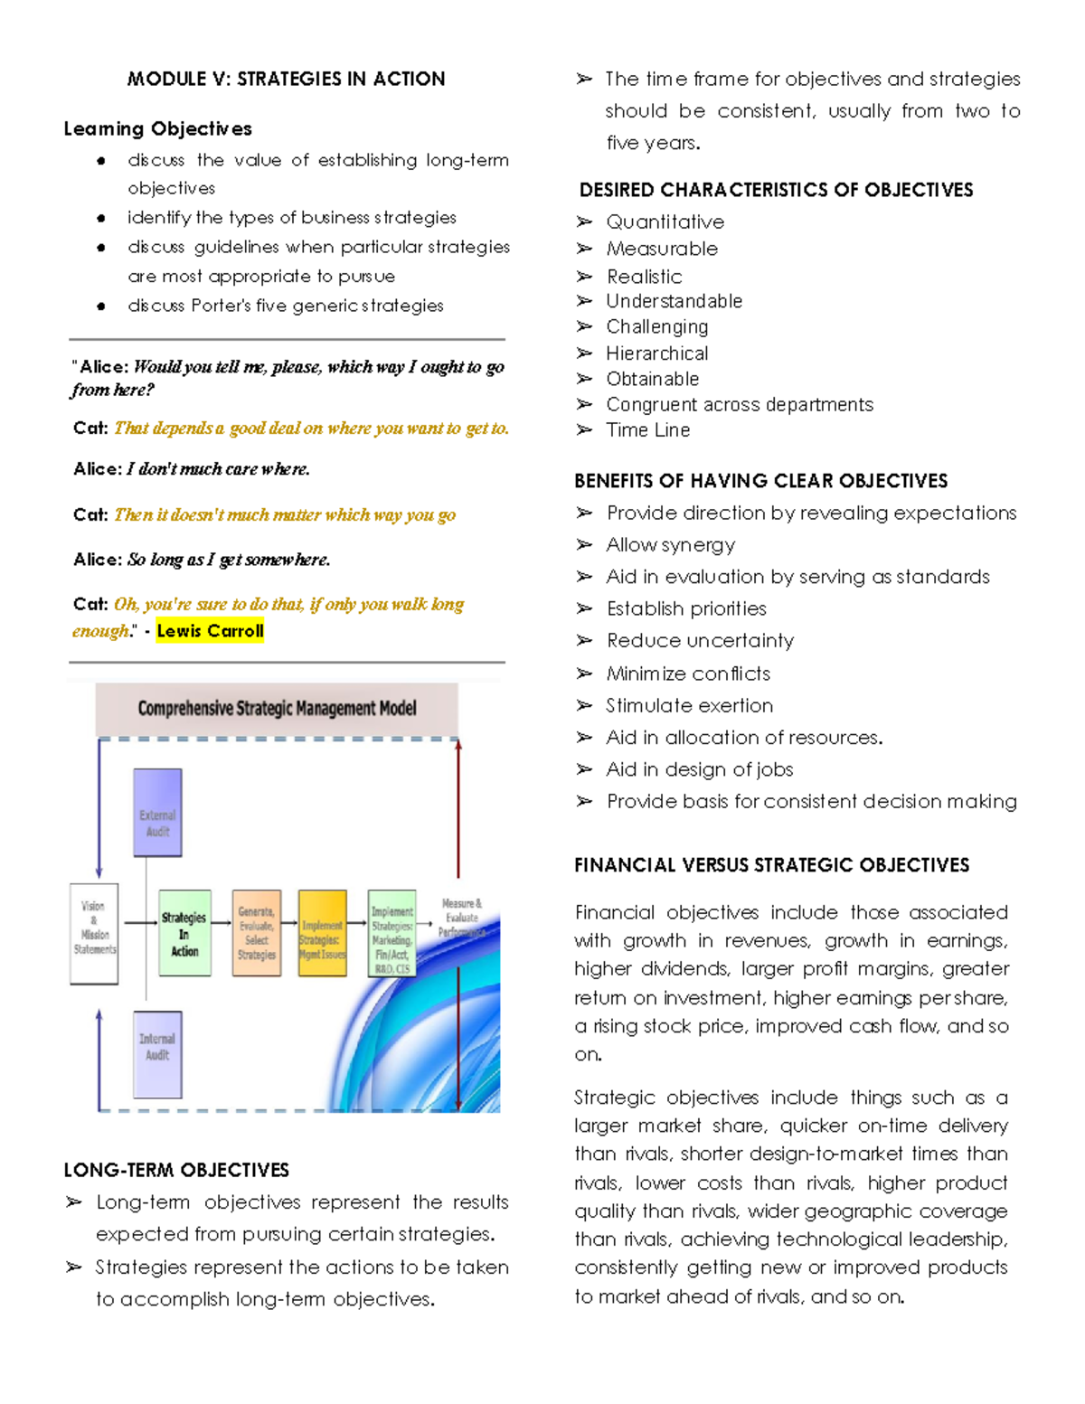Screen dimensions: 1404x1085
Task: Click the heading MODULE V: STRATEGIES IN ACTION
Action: click(x=286, y=80)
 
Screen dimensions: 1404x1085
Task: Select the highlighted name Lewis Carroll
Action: click(x=210, y=631)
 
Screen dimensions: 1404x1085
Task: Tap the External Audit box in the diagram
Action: click(x=157, y=813)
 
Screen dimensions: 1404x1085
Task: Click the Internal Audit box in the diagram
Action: click(x=157, y=1054)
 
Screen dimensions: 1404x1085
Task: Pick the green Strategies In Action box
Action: click(x=184, y=933)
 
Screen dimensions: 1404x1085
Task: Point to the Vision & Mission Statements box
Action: click(x=94, y=933)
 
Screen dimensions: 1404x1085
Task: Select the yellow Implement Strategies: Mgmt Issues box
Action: click(x=322, y=934)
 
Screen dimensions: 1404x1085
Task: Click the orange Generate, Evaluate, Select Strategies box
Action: click(x=257, y=933)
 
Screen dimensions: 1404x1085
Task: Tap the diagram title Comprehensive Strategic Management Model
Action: click(x=277, y=709)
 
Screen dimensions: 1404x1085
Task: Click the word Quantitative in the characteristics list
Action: click(x=665, y=222)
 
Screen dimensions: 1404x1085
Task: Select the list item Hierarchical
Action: click(x=656, y=353)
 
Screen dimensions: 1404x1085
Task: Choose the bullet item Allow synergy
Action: click(x=670, y=545)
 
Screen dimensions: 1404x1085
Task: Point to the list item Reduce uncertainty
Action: click(x=700, y=641)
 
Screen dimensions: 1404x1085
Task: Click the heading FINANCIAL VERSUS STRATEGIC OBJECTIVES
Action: click(x=771, y=866)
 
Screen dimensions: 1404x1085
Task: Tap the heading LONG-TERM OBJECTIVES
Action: click(x=176, y=1171)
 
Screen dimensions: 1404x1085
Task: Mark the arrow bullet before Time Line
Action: click(x=584, y=430)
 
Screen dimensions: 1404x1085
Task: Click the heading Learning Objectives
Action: click(x=157, y=129)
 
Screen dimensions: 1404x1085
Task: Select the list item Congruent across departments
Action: click(x=739, y=405)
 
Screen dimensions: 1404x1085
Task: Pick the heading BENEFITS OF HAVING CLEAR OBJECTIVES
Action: click(x=760, y=481)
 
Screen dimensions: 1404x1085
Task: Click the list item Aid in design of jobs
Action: click(x=699, y=769)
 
